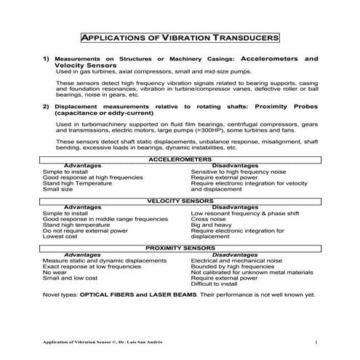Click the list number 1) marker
(x=46, y=57)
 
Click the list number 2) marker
(x=46, y=105)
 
